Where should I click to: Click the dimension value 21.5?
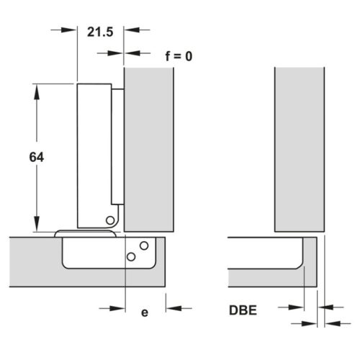99,33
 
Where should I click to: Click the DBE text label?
243,312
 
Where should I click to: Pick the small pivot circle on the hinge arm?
110,220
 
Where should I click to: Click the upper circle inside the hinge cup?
144,246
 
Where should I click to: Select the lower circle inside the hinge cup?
131,256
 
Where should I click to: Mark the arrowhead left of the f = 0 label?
115,53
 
